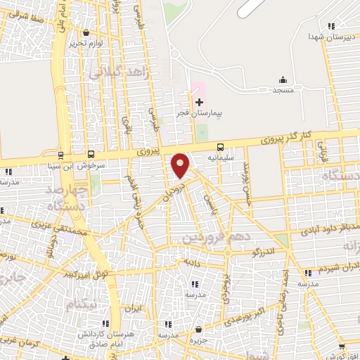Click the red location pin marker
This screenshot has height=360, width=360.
[181, 165]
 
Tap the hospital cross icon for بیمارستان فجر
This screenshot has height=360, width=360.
[199, 102]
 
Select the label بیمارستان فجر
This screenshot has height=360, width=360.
[199, 113]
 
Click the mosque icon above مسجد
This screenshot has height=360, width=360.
[283, 79]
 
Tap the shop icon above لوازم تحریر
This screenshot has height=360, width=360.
[86, 33]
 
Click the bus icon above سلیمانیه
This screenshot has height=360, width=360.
[221, 147]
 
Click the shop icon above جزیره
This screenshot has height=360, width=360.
[199, 329]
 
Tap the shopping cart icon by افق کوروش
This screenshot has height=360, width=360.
[342, 346]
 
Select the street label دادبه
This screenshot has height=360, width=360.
[191, 262]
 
